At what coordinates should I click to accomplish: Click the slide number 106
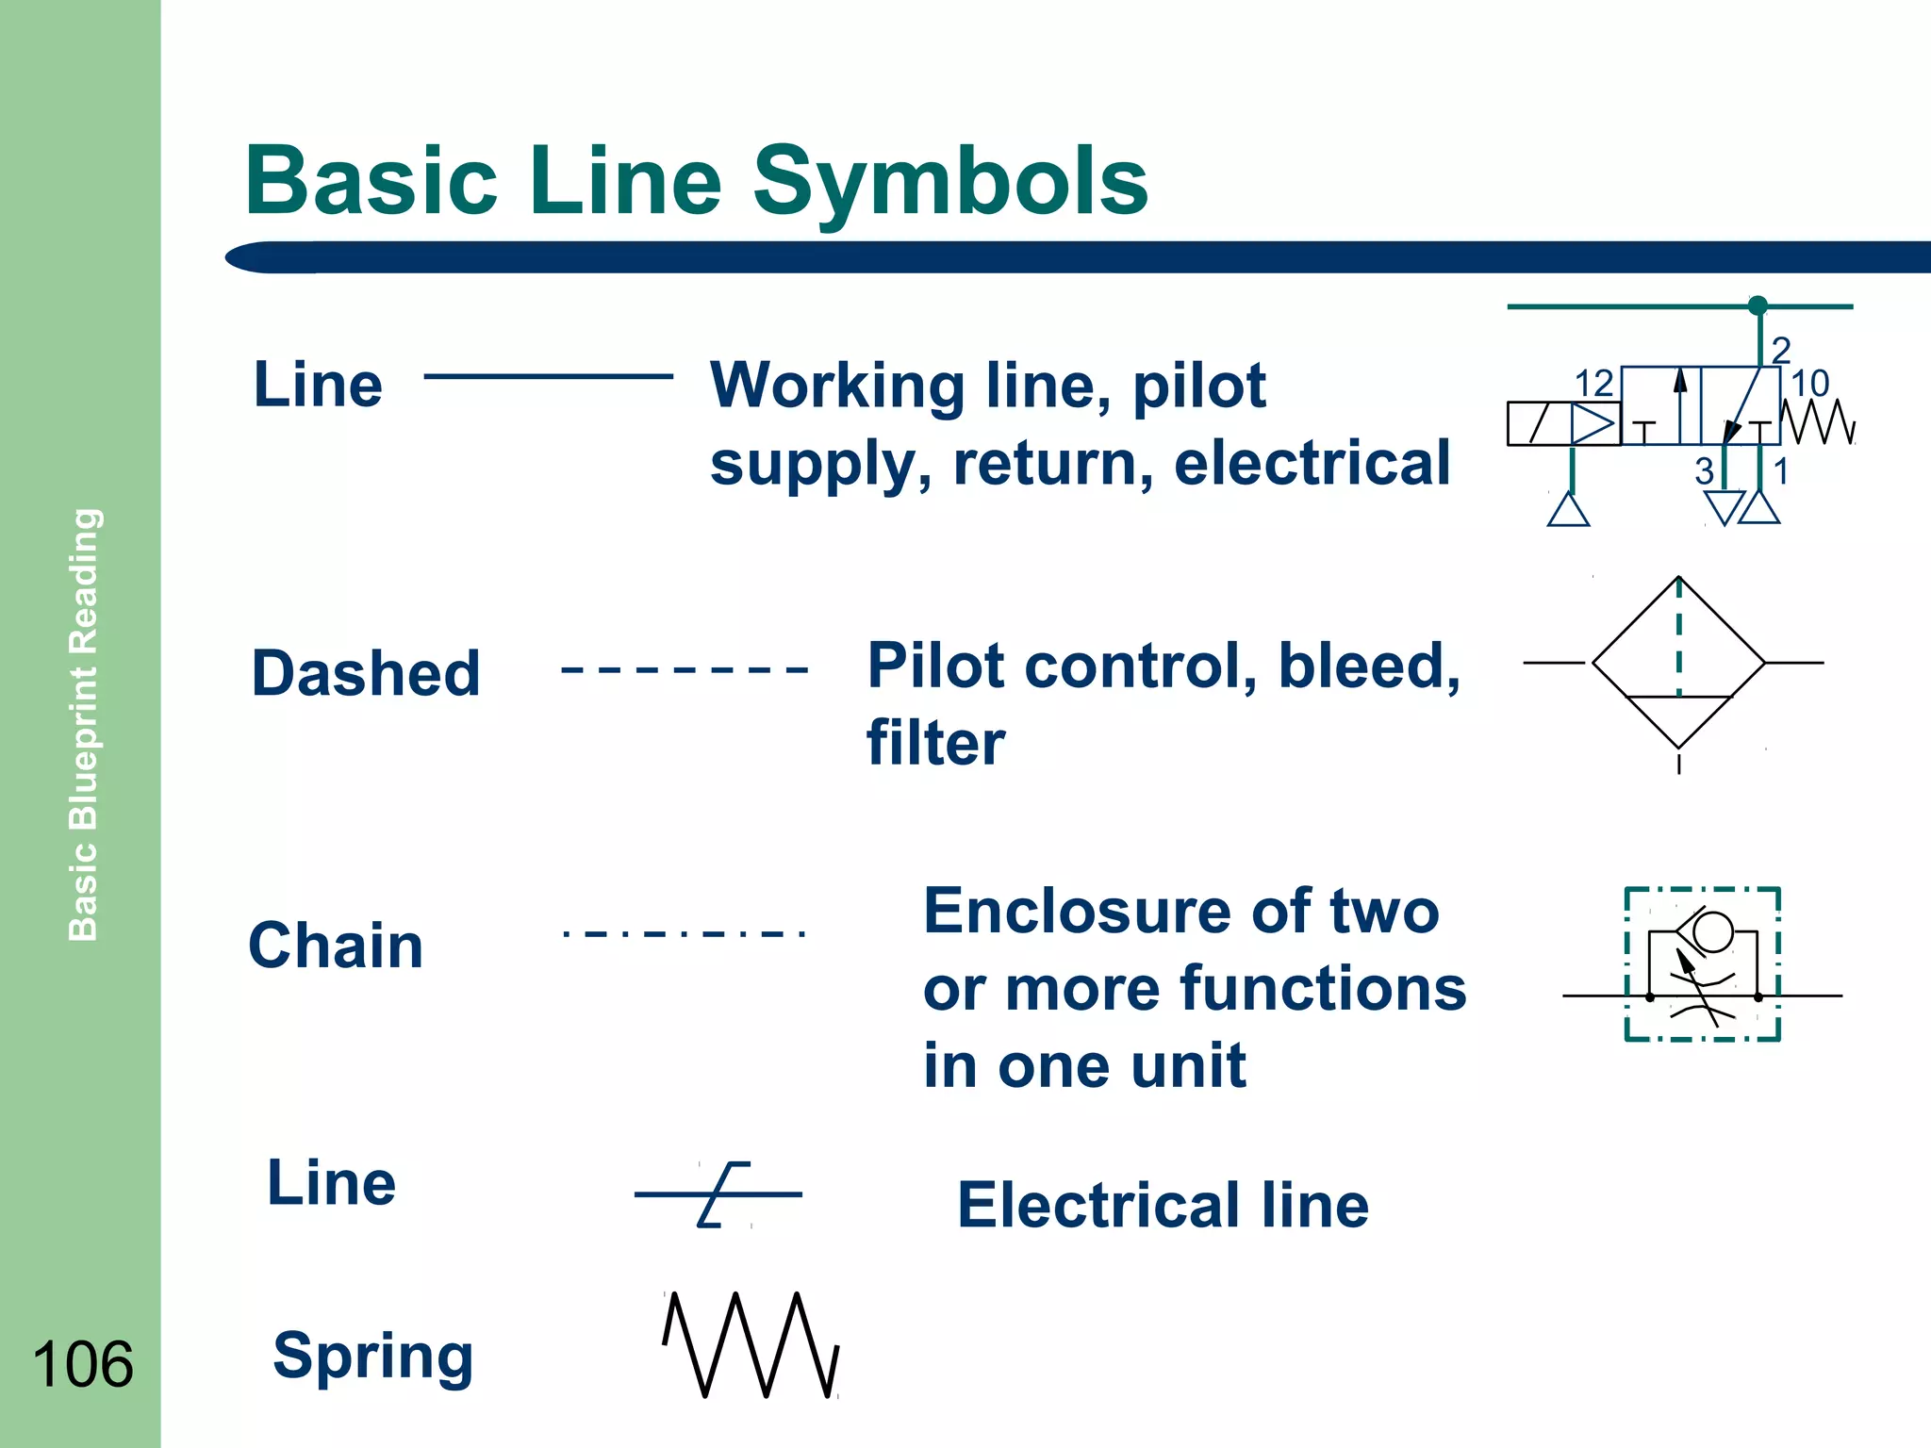coord(83,1364)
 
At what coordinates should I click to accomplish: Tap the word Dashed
coord(366,673)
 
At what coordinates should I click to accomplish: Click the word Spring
coord(372,1356)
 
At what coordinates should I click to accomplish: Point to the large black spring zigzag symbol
coord(751,1344)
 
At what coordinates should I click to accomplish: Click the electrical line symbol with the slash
coord(720,1194)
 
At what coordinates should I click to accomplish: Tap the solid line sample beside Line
coord(549,376)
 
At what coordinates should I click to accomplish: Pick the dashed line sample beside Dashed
coord(685,670)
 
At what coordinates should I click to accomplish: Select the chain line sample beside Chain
coord(685,934)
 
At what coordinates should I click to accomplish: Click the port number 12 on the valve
coord(1593,384)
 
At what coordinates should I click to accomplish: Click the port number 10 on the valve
coord(1809,384)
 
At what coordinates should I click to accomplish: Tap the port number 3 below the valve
coord(1704,471)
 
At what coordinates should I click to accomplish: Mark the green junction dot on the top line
coord(1758,305)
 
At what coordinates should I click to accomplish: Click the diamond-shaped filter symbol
coord(1678,663)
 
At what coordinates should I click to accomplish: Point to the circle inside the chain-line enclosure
coord(1712,931)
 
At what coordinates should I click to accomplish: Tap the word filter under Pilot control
coord(935,743)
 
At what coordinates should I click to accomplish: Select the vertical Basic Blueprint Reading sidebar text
coord(84,724)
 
